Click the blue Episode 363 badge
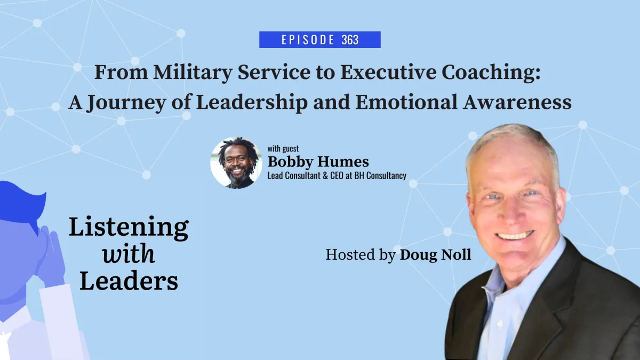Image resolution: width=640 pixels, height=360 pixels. click(x=319, y=40)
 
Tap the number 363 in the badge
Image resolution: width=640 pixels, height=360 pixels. click(x=349, y=40)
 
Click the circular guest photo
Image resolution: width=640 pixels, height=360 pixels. click(x=236, y=163)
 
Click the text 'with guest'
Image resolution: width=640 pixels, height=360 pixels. click(x=283, y=149)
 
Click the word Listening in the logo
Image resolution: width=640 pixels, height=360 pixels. click(x=129, y=228)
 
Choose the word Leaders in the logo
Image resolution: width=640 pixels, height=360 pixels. click(x=129, y=281)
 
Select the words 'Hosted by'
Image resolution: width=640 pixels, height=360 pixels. click(x=361, y=255)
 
